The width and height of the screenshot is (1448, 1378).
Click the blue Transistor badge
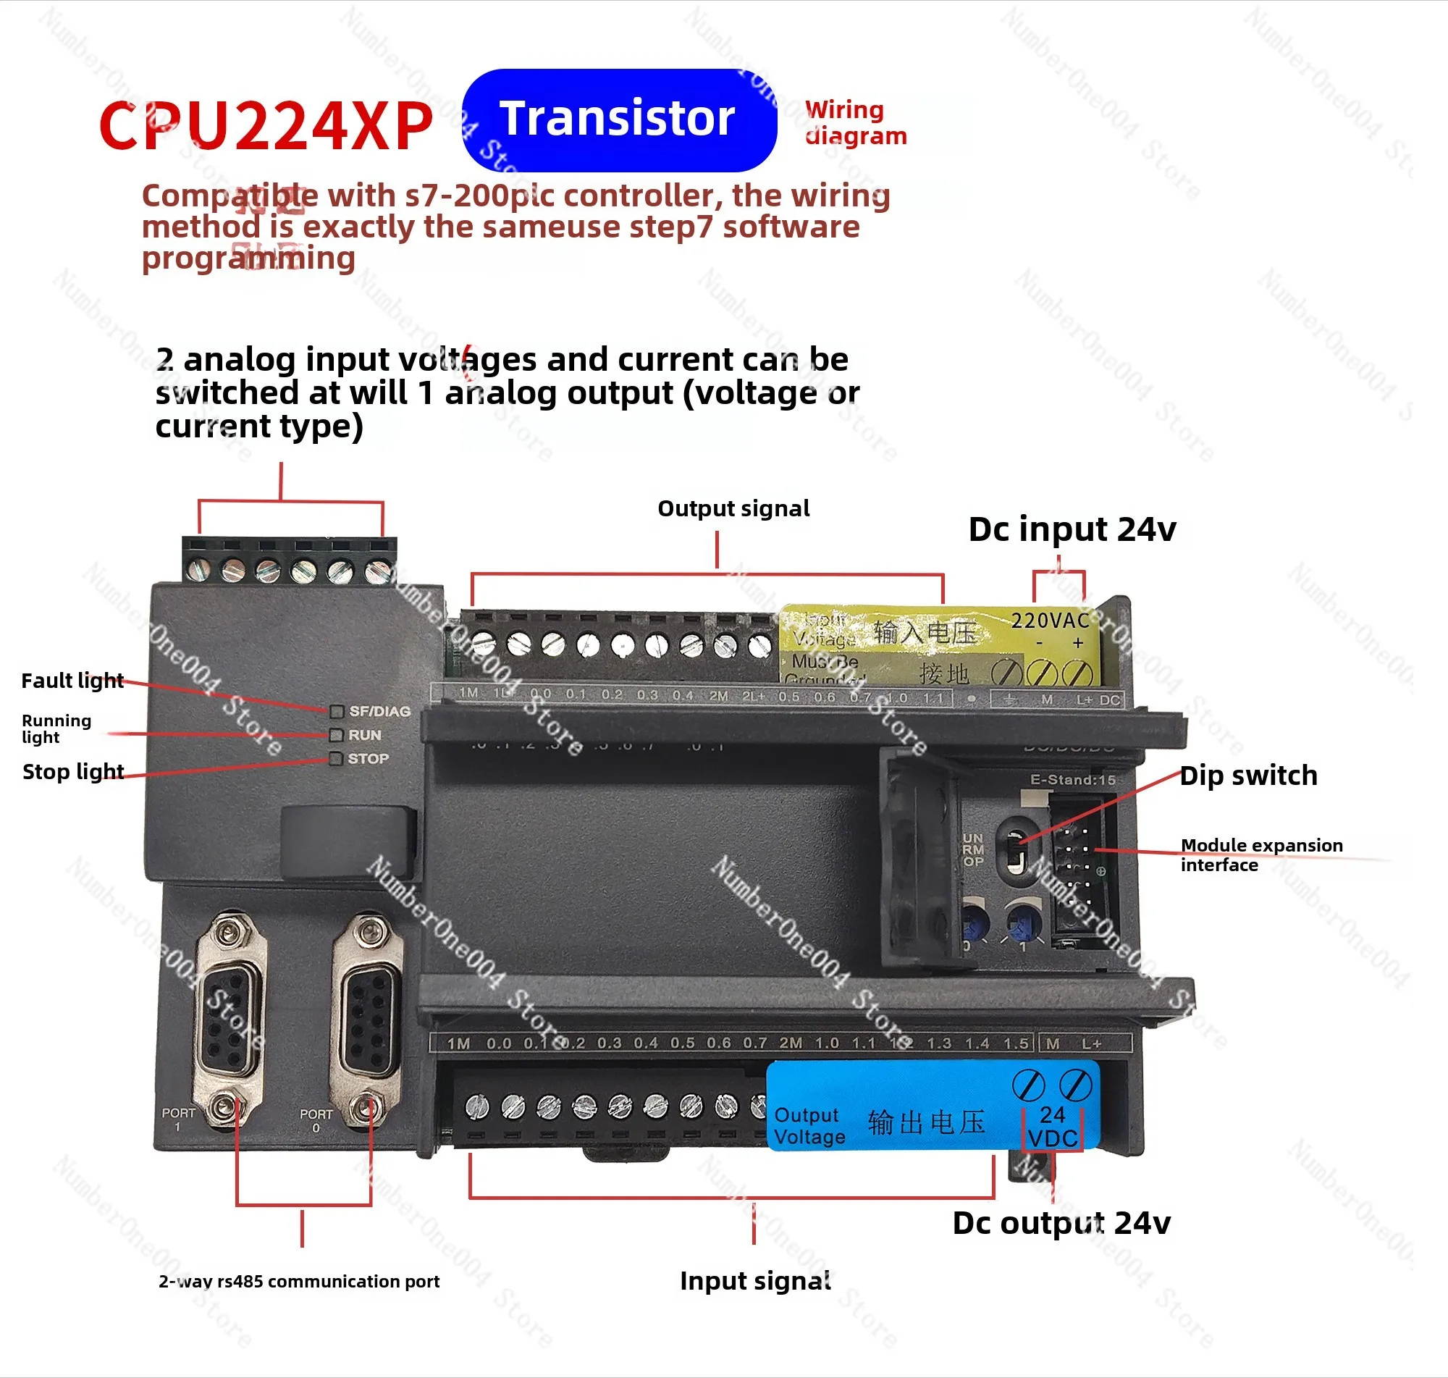[619, 119]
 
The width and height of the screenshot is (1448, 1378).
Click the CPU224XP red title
[266, 126]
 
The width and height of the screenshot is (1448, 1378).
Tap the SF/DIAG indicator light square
[337, 711]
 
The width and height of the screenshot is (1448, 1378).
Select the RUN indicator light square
[337, 734]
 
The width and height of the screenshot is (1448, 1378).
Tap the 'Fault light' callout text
[72, 681]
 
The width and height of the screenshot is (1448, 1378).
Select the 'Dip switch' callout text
[1247, 776]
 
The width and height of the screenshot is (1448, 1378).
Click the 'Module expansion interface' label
[1260, 855]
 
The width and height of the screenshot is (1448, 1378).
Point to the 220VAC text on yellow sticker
[1049, 621]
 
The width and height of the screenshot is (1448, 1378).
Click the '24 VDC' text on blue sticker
[1052, 1127]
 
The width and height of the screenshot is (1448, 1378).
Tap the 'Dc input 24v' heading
[1072, 529]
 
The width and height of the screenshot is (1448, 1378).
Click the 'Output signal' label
[733, 509]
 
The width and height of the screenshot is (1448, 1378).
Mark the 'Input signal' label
[755, 1281]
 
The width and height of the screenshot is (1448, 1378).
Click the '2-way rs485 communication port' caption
[299, 1282]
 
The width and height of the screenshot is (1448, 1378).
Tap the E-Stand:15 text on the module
[1072, 780]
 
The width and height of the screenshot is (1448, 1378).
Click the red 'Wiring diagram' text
[856, 122]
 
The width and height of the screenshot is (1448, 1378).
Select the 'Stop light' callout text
[72, 772]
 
